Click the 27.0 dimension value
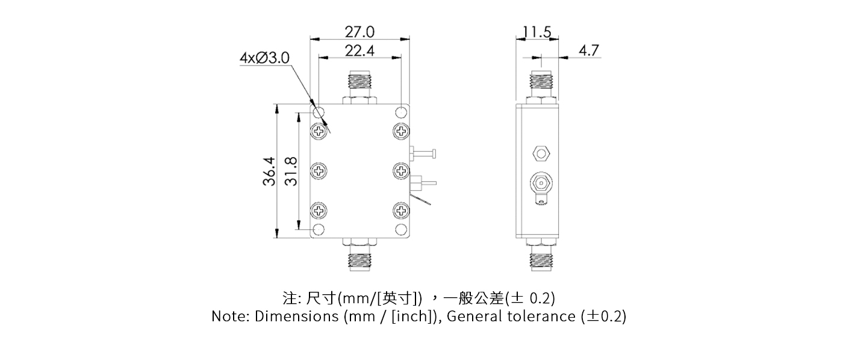[359, 31]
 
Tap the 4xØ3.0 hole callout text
[264, 58]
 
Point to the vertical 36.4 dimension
[269, 171]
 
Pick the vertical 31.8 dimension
[290, 171]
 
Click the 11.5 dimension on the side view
[537, 32]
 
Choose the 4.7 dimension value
[588, 51]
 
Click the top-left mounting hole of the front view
[319, 113]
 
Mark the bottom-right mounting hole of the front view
[401, 229]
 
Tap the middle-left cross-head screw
[319, 170]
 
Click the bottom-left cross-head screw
[319, 211]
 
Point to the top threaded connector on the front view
[360, 84]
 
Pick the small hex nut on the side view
[541, 153]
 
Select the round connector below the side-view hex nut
[541, 182]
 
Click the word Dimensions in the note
[296, 316]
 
